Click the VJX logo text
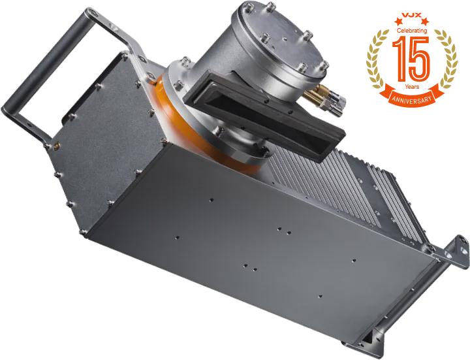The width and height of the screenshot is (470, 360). tap(412, 14)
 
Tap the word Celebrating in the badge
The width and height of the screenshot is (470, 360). tap(412, 30)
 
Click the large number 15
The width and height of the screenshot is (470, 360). tap(411, 59)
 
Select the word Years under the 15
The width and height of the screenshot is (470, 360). tap(412, 86)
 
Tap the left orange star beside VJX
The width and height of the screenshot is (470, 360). tap(398, 21)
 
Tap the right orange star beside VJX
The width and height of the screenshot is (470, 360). tap(425, 21)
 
